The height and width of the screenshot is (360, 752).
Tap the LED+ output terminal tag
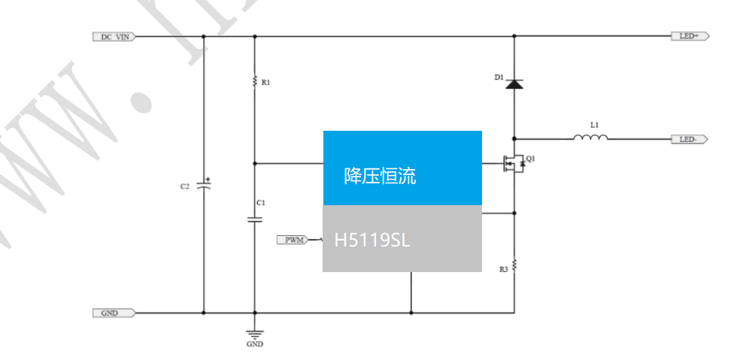689,36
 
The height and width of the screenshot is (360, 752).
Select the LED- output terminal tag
689,139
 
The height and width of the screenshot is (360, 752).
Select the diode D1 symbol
514,84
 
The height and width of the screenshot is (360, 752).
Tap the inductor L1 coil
590,138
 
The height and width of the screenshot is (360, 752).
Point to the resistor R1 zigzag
255,80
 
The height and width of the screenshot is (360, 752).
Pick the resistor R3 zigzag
514,266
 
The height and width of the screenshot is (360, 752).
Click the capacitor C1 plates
255,219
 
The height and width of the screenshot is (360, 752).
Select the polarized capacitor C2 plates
203,185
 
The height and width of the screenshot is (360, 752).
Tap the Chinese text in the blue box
380,177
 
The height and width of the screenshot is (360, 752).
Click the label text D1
499,77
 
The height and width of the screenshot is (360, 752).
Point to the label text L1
594,123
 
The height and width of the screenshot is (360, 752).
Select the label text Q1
531,159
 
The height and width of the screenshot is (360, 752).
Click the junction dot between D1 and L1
514,139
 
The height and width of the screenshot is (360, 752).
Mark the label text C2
184,186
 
